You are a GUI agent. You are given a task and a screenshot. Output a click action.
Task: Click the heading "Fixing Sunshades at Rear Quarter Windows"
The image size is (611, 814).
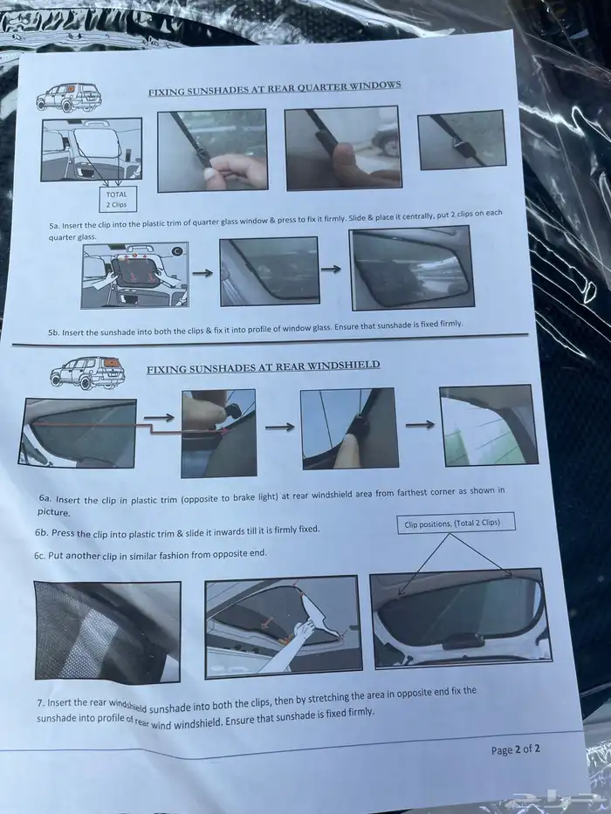pyautogui.click(x=274, y=88)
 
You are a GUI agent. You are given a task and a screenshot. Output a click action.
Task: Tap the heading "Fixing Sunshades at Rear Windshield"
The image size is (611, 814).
pyautogui.click(x=263, y=367)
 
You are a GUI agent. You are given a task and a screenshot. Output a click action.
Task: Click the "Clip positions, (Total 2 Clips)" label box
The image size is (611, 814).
pyautogui.click(x=456, y=523)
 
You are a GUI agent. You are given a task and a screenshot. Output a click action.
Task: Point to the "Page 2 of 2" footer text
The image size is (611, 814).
pyautogui.click(x=515, y=749)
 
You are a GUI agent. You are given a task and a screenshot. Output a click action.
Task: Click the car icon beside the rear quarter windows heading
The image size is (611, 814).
pyautogui.click(x=69, y=97)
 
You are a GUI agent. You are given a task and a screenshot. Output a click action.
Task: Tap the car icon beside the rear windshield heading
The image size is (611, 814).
pyautogui.click(x=87, y=373)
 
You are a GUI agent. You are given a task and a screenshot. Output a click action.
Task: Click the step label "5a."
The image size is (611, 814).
pyautogui.click(x=54, y=226)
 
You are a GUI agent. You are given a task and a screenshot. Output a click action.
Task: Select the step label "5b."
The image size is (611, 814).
pyautogui.click(x=53, y=332)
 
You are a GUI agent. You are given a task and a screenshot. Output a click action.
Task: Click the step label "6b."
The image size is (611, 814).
pyautogui.click(x=42, y=532)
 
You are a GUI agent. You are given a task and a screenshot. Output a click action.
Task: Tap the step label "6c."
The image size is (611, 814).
pyautogui.click(x=40, y=556)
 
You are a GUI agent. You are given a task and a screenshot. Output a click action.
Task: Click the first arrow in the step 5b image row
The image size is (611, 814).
pyautogui.click(x=203, y=273)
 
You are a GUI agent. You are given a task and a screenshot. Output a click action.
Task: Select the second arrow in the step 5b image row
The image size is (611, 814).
pyautogui.click(x=331, y=269)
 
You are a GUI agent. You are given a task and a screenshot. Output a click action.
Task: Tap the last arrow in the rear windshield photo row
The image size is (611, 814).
pyautogui.click(x=420, y=425)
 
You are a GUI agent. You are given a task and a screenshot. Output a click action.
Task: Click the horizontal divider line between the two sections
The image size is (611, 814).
pyautogui.click(x=271, y=339)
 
